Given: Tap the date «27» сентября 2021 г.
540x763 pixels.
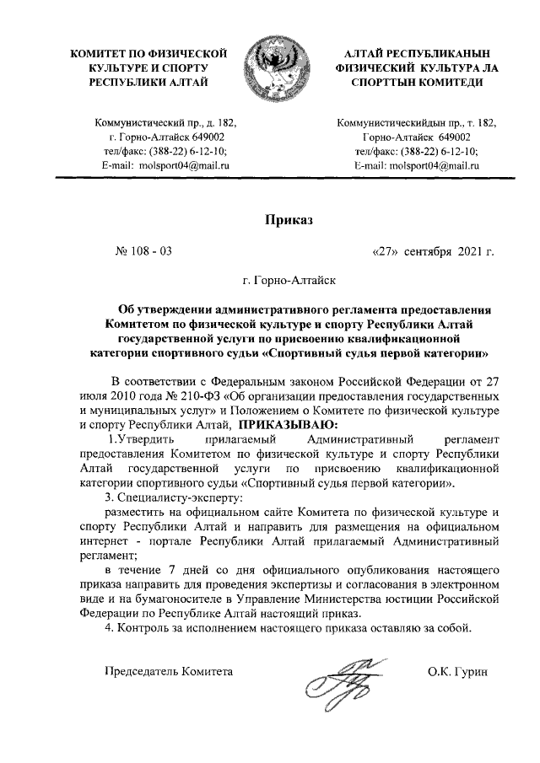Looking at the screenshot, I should (433, 251).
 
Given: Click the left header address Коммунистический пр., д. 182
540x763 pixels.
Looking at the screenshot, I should (166, 121).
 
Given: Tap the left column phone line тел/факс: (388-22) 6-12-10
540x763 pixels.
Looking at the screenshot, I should (166, 151).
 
